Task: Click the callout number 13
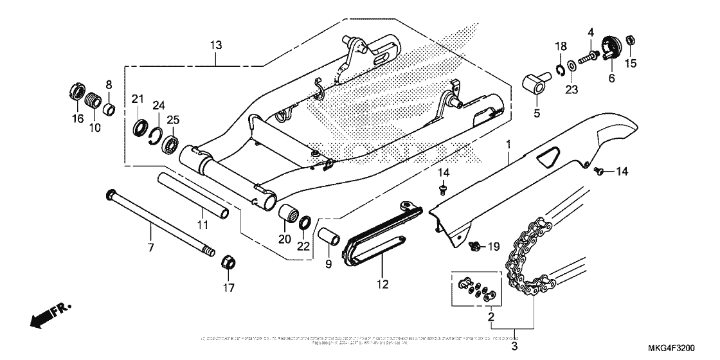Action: point(215,45)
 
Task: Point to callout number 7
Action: point(150,247)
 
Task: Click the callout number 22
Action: point(303,245)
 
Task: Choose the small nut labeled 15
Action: point(631,40)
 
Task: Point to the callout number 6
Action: point(611,78)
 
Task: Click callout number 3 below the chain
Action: point(514,347)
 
